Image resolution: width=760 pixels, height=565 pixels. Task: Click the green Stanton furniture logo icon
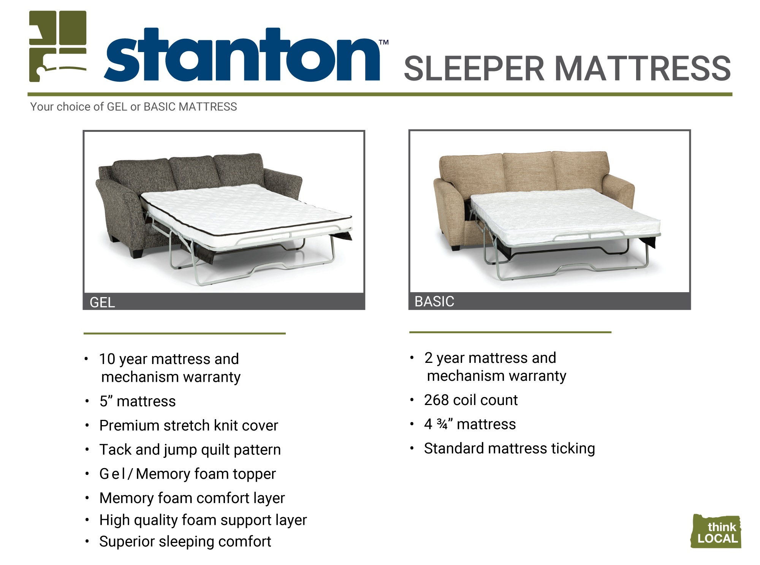tap(58, 46)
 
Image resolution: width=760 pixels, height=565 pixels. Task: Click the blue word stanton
tap(242, 55)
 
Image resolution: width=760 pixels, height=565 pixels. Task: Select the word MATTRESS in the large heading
tap(643, 68)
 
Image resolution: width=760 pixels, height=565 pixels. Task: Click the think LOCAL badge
tap(716, 531)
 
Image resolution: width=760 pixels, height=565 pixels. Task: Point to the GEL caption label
tap(102, 302)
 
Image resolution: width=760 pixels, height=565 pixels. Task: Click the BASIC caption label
tap(434, 301)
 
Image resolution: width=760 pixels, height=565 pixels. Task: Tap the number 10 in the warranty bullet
tap(107, 359)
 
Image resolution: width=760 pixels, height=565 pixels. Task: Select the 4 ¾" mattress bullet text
tap(470, 424)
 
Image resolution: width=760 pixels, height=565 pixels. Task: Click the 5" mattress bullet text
tap(138, 401)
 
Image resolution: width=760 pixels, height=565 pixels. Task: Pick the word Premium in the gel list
tap(129, 426)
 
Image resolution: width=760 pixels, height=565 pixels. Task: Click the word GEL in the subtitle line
tap(117, 107)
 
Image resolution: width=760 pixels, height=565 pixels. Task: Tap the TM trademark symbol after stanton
tap(384, 42)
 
